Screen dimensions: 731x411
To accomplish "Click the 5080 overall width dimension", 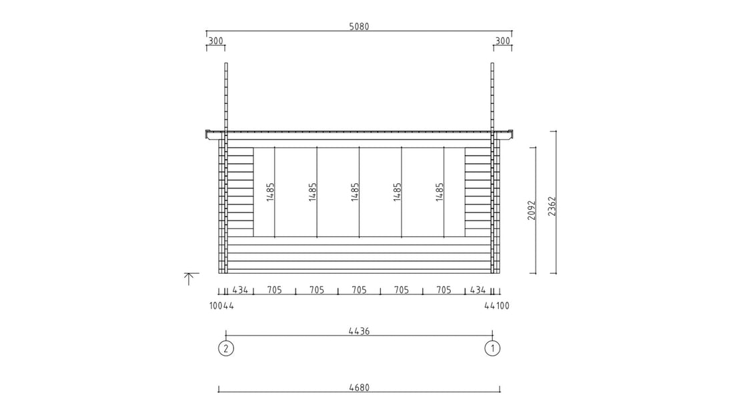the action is (x=359, y=27).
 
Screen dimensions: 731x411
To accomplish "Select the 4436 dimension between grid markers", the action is (x=359, y=331).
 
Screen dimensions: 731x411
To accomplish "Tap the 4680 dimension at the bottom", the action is (x=359, y=387).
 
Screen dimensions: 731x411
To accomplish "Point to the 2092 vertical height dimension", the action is (x=532, y=210).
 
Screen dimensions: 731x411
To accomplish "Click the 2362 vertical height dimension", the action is (x=552, y=206).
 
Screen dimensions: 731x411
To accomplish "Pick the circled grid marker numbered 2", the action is (x=226, y=348).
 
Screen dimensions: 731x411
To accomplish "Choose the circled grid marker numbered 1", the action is (x=492, y=348).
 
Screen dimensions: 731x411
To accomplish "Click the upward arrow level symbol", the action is (x=189, y=279).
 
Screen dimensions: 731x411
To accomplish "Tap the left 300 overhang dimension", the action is (x=215, y=41).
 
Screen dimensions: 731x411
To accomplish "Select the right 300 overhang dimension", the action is (x=503, y=41).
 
